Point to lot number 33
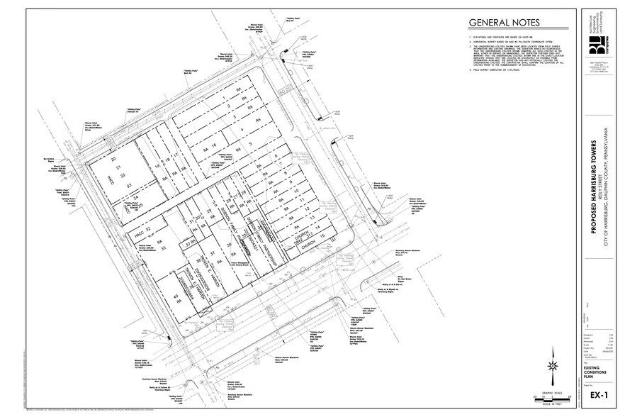tap(163, 249)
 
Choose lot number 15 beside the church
tap(324, 235)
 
